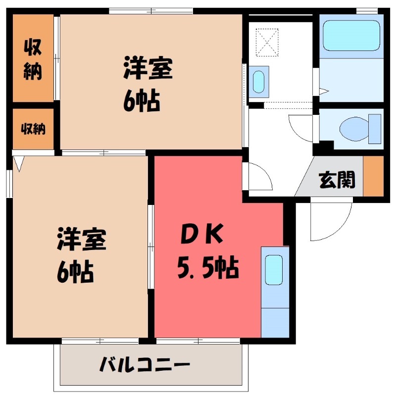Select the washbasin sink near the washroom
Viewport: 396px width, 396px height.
tap(259, 81)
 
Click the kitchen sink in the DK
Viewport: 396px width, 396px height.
tap(274, 270)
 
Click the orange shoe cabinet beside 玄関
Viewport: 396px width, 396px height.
tap(374, 176)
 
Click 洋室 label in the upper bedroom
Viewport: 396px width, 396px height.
tap(148, 69)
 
